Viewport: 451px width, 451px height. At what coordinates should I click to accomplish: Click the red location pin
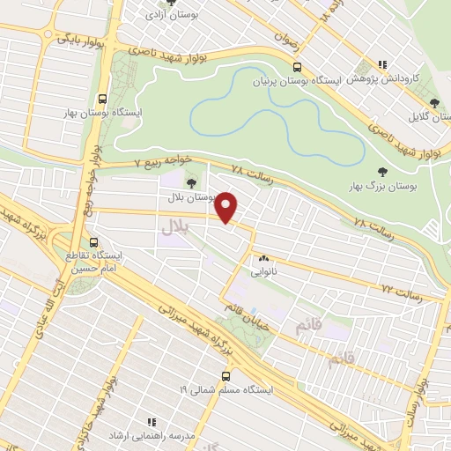227,206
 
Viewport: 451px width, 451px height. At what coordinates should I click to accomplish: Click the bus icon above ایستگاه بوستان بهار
104,99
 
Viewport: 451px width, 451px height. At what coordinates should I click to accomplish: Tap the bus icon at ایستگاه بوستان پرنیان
298,67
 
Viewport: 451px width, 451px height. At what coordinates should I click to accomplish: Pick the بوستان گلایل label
428,115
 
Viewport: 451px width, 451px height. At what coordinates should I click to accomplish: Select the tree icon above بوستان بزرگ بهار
381,173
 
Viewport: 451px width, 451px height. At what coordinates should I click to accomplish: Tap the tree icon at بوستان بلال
191,182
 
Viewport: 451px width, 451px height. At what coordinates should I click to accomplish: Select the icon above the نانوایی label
263,259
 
